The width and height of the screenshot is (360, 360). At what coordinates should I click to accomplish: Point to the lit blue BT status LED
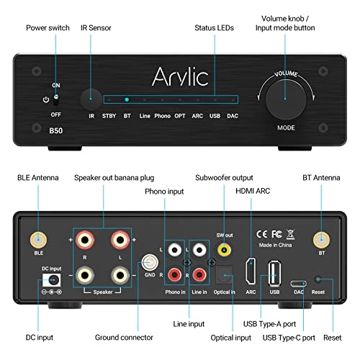point(127,100)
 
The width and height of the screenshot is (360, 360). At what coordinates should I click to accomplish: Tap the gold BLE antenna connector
point(35,240)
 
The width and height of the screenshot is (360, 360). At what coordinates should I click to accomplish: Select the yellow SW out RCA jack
point(224,249)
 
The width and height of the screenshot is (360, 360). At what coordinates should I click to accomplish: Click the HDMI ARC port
point(251,273)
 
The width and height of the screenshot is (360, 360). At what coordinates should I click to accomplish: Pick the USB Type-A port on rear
point(274,273)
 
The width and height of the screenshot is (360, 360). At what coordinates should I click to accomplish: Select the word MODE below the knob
point(285,127)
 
